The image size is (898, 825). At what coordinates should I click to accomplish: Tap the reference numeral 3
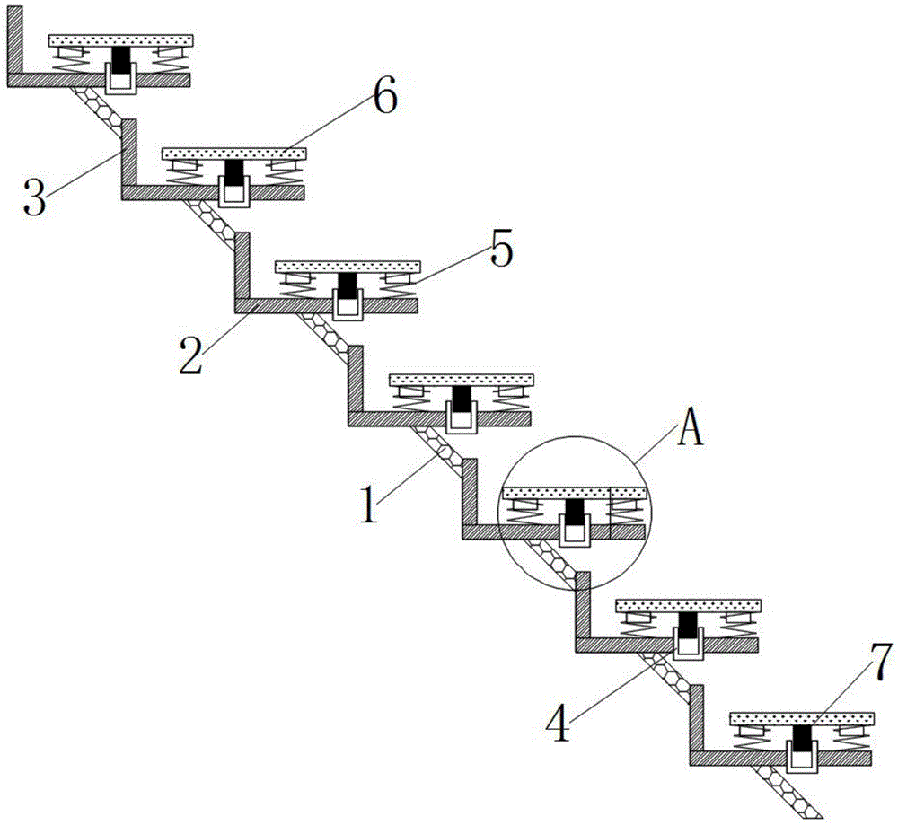tap(34, 197)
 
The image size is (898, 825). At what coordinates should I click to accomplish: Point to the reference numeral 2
tap(190, 355)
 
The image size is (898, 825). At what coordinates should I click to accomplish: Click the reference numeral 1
tap(369, 504)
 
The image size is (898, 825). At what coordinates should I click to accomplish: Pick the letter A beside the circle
tap(690, 429)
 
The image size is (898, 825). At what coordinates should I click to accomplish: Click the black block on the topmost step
tap(120, 60)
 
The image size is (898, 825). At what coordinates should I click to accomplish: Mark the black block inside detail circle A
tap(574, 513)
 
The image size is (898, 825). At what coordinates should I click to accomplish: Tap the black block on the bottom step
tap(802, 739)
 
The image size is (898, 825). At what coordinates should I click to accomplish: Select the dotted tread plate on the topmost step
tap(121, 40)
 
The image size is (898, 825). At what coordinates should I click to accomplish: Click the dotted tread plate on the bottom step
tap(802, 719)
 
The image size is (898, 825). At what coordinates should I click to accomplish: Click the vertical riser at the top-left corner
tap(15, 40)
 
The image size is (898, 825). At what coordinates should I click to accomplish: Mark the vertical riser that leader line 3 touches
tap(128, 153)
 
